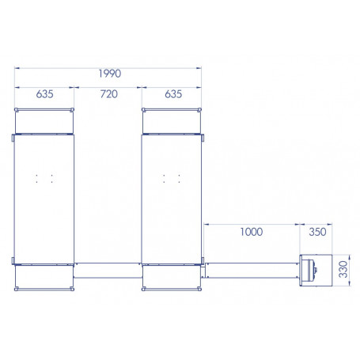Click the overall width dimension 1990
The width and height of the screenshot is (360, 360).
[x=109, y=74]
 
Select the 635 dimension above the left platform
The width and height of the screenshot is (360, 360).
[x=44, y=94]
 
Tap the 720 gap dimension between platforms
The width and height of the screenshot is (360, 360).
[x=108, y=94]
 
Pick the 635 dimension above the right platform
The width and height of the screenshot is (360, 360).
[x=172, y=94]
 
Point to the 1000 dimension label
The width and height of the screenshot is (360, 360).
[x=251, y=232]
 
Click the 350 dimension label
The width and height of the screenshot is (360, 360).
[x=316, y=232]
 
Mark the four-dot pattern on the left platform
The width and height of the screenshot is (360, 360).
[x=44, y=177]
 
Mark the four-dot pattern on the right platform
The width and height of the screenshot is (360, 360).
[x=171, y=177]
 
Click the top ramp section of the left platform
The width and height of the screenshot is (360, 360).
[x=44, y=119]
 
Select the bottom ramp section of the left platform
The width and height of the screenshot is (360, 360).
[x=44, y=275]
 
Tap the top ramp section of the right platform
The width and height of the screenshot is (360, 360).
[x=171, y=119]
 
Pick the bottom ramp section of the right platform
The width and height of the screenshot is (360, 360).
[x=171, y=275]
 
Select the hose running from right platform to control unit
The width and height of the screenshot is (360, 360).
[x=252, y=269]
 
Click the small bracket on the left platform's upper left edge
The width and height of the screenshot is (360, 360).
[x=13, y=138]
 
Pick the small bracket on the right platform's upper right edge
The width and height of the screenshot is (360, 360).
[x=203, y=138]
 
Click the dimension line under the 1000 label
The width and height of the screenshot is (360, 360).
[x=252, y=224]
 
